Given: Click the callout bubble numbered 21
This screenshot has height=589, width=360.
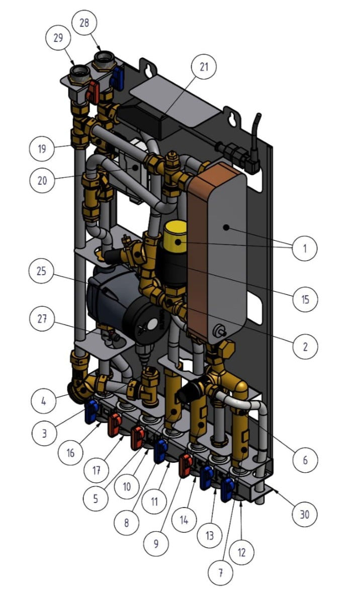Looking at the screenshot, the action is [x=204, y=66].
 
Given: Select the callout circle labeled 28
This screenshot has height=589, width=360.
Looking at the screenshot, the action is [x=84, y=23].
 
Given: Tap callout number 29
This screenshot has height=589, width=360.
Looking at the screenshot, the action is [x=58, y=38].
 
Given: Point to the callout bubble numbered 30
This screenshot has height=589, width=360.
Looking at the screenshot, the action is [x=305, y=514].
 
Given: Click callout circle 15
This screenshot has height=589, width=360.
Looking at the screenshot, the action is [x=305, y=299].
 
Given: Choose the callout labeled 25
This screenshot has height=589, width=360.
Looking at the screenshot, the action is [x=42, y=271].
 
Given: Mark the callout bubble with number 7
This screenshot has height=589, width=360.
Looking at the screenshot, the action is [x=221, y=573].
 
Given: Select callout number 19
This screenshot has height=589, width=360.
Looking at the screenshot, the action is [x=42, y=149].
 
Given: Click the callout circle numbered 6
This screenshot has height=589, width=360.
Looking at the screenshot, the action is [x=305, y=459].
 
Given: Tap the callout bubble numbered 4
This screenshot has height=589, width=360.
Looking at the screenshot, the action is [x=44, y=401].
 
